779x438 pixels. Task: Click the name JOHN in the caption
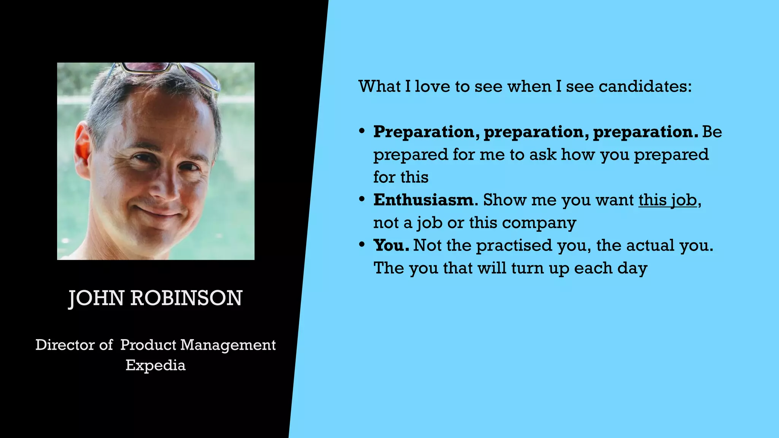tap(96, 298)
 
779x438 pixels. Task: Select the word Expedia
tap(156, 365)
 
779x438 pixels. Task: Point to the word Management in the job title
tap(228, 345)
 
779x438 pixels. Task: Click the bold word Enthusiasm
tap(423, 200)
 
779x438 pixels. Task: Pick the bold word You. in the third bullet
tap(391, 245)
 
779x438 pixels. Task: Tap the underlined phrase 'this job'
tap(668, 200)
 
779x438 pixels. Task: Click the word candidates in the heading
tap(645, 87)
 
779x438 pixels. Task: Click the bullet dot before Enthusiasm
tap(362, 199)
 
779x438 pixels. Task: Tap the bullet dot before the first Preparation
tap(362, 131)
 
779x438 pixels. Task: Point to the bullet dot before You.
tap(362, 244)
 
